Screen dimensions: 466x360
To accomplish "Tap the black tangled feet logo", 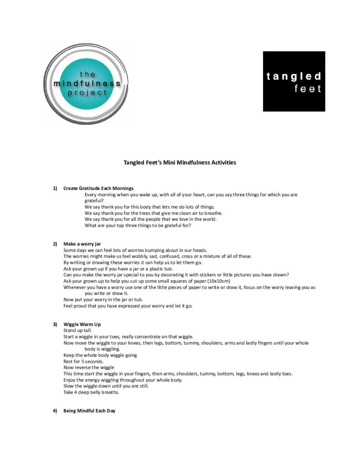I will click(x=294, y=81).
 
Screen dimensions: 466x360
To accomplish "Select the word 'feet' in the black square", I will click(x=308, y=89).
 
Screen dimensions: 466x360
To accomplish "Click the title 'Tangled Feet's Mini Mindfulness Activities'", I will click(x=180, y=162).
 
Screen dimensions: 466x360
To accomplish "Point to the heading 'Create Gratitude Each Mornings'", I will click(x=98, y=188).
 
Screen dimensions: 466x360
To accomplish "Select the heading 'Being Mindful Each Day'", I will click(x=89, y=411).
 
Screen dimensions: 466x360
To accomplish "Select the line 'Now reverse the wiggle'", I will click(x=89, y=367).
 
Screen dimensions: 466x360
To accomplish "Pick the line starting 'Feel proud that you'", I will click(x=128, y=306).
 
